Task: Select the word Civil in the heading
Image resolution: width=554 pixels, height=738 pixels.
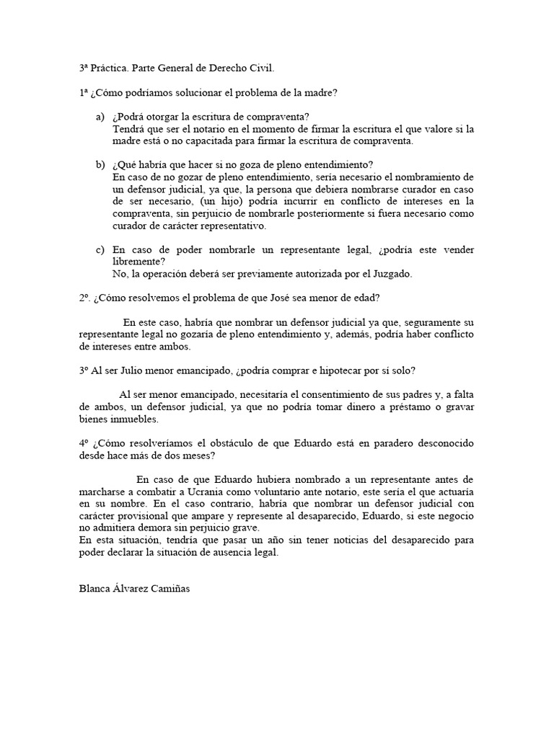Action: coord(260,68)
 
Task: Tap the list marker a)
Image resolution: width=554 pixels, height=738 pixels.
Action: coord(100,117)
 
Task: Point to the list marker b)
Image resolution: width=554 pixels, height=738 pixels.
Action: coord(100,165)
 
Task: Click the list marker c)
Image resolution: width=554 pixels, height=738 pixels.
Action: coord(100,249)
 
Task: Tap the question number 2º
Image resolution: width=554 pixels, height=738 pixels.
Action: coord(84,298)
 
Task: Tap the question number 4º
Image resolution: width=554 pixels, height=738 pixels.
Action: coord(84,443)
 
